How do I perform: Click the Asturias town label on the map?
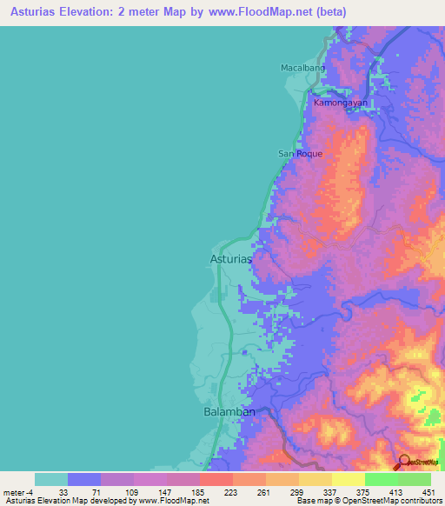tap(231, 258)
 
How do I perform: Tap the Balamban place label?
tap(229, 411)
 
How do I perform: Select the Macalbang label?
tap(302, 67)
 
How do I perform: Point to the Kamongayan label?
tap(341, 103)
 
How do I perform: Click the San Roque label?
tap(300, 154)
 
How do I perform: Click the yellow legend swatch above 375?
tap(348, 479)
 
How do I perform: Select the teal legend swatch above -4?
tap(51, 479)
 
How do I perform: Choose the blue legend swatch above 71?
tap(84, 479)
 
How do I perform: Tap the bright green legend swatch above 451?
tap(414, 479)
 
